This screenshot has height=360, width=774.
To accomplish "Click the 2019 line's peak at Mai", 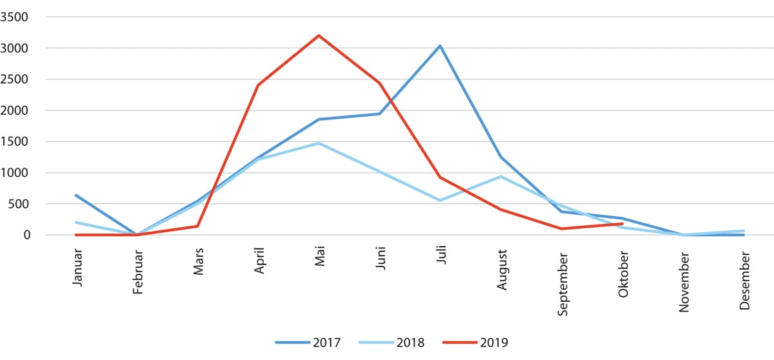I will click(x=319, y=35).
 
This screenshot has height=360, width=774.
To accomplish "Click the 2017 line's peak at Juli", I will click(x=440, y=46).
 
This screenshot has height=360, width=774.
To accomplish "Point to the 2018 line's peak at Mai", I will click(x=319, y=143).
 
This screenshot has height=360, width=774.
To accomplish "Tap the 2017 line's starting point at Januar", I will click(x=76, y=195).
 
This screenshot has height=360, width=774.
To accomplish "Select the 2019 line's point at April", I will click(x=258, y=85).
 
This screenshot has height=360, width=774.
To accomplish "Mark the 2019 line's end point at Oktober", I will click(x=622, y=224).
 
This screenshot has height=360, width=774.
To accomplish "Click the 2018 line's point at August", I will click(x=501, y=176).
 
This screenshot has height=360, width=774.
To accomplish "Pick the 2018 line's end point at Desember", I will click(x=744, y=231).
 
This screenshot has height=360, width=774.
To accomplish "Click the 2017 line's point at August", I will click(x=501, y=157).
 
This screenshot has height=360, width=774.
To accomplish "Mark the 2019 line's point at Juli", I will click(x=440, y=177).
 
